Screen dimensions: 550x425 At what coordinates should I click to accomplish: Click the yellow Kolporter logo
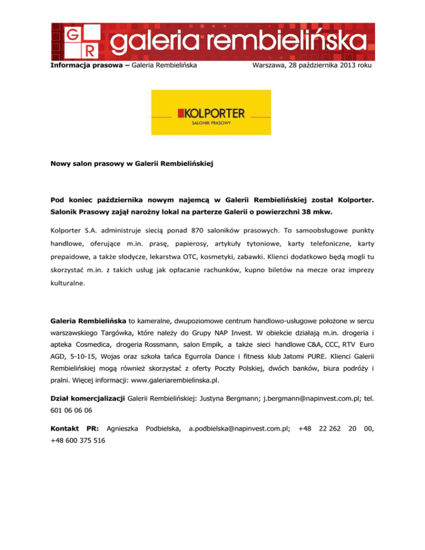(x=211, y=113)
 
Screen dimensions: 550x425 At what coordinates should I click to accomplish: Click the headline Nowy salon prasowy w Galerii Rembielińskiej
(x=136, y=164)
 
